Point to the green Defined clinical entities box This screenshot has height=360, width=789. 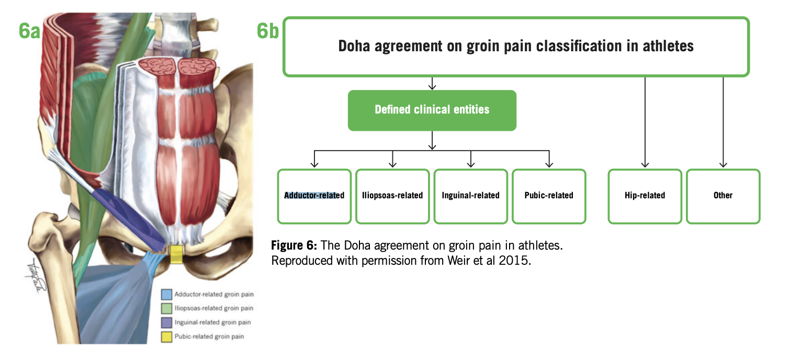432,110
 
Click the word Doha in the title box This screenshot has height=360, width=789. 354,46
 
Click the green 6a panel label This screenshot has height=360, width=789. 29,31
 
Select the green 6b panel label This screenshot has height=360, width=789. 267,31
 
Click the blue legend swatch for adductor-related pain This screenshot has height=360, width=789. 166,294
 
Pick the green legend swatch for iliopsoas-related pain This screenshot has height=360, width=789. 166,308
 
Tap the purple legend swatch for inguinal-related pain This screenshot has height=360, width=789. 166,322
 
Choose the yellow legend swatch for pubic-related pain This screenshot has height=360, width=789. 166,337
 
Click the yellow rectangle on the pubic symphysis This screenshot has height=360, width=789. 176,254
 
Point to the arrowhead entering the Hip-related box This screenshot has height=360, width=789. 645,165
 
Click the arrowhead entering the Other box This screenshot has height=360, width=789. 723,165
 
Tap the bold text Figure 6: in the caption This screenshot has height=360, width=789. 294,245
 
